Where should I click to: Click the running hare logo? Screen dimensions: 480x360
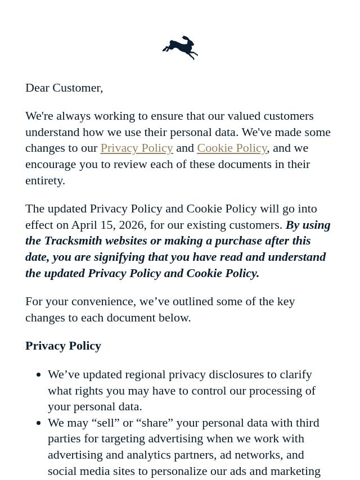pyautogui.click(x=180, y=48)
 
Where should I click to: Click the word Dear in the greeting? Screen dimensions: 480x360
pyautogui.click(x=38, y=88)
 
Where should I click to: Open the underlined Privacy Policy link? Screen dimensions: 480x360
pyautogui.click(x=137, y=148)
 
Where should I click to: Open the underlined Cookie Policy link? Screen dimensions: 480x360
pyautogui.click(x=232, y=148)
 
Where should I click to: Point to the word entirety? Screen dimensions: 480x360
pyautogui.click(x=44, y=180)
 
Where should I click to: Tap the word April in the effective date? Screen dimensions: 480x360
pyautogui.click(x=84, y=225)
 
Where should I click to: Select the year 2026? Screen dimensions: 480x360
pyautogui.click(x=130, y=225)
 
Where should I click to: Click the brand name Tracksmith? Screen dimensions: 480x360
pyautogui.click(x=74, y=241)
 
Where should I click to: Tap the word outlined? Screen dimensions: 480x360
pyautogui.click(x=186, y=301)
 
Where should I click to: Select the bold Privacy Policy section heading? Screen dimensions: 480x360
pyautogui.click(x=63, y=346)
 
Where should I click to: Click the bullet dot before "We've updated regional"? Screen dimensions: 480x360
pyautogui.click(x=38, y=374)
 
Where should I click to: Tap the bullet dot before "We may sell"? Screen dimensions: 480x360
pyautogui.click(x=38, y=423)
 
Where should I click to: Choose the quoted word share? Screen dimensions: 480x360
pyautogui.click(x=153, y=423)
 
